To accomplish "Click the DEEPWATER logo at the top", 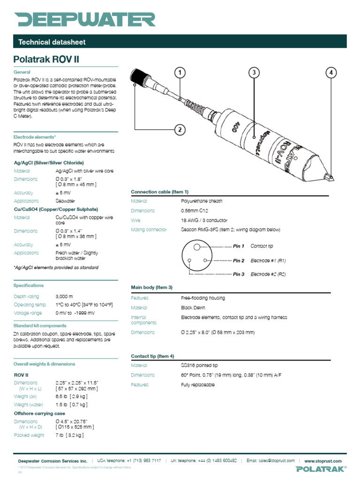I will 84,19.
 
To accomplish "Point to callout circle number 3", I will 254,72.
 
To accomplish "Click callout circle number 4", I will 331,72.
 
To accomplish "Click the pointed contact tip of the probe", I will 331,177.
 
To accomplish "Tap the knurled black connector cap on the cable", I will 140,77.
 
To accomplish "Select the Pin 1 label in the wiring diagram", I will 239,246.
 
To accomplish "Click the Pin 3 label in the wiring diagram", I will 239,274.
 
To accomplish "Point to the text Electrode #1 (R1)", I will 269,261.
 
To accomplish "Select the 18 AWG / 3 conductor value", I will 204,220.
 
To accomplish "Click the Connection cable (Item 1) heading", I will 159,192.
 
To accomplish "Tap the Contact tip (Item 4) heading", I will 152,356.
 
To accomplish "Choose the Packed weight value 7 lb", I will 69,435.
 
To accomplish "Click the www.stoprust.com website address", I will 325,461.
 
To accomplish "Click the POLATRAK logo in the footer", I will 321,469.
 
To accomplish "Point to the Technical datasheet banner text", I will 52,42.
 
